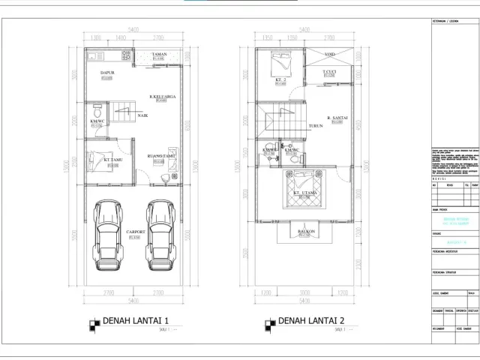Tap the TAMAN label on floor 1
point(159,55)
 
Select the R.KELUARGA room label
point(161,97)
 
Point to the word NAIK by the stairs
point(142,116)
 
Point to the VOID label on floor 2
point(329,55)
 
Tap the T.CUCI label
point(328,71)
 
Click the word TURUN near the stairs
point(315,126)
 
